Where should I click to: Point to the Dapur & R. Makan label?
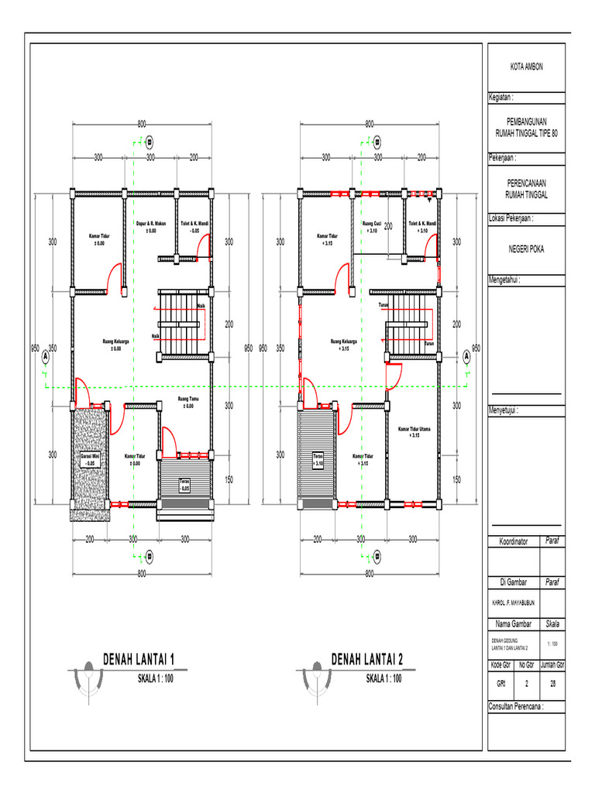151,227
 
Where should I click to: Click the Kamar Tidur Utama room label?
414,431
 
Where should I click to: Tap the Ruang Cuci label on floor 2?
371,227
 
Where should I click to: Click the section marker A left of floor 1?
46,357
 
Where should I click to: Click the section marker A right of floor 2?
466,357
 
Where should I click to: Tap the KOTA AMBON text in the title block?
526,67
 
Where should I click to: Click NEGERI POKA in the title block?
526,249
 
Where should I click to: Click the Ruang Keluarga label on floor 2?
344,345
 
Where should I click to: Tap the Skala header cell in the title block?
554,623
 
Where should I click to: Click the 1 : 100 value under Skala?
554,644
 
